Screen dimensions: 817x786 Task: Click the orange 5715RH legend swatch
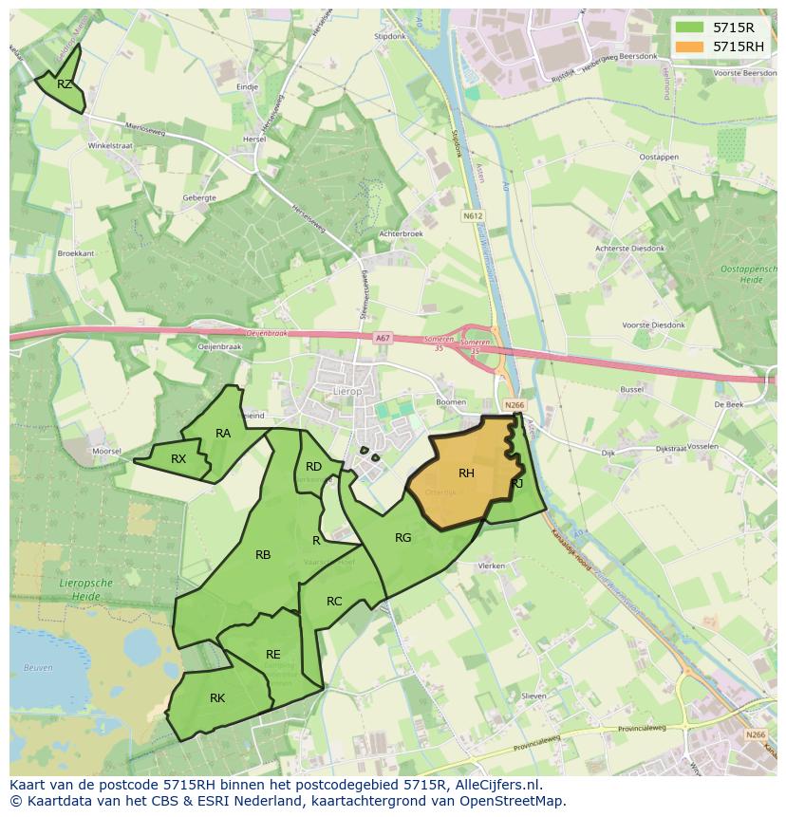coord(690,46)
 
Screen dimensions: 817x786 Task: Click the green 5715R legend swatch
coord(690,28)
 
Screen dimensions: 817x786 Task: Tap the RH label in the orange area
coord(466,473)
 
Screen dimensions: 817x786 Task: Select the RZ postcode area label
coord(65,84)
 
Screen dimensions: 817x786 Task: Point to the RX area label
coord(178,459)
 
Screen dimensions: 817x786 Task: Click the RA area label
coord(223,434)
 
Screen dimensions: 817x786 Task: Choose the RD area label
coord(313,467)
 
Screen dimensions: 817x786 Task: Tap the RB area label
coord(263,555)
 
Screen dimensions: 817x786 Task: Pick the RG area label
coord(402,538)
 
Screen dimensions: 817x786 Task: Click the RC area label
coord(334,602)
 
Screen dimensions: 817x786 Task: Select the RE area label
coord(273,655)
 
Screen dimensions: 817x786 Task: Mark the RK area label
coord(217,698)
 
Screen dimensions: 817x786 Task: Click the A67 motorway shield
coord(382,338)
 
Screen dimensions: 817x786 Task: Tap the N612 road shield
coord(472,216)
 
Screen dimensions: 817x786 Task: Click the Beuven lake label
coord(39,668)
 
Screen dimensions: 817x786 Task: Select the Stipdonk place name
coord(389,35)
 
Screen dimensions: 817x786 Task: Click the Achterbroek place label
coord(400,232)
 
